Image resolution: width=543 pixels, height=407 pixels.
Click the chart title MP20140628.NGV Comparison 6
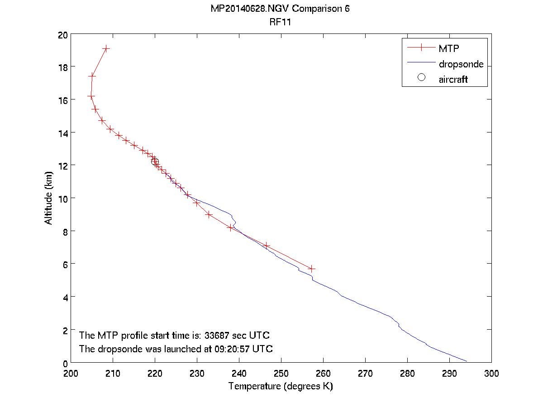click(x=280, y=9)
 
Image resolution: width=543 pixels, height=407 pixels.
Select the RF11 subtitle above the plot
click(x=280, y=22)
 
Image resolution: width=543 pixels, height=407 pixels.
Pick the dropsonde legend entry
click(x=461, y=64)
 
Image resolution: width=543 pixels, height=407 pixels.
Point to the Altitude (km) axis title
click(x=48, y=198)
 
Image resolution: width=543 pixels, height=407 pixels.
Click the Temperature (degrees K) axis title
click(x=281, y=386)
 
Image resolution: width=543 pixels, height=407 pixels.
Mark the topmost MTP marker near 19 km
click(x=106, y=48)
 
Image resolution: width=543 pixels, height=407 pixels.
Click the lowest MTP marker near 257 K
click(x=311, y=269)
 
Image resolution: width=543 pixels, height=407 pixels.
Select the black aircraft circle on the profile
click(x=155, y=161)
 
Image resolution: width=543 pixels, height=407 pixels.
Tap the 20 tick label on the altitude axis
click(x=62, y=35)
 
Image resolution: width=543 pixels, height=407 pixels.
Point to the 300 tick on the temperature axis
click(x=491, y=374)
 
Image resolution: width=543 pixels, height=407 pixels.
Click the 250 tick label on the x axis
click(x=281, y=374)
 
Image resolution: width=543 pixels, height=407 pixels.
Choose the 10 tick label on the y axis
click(x=62, y=199)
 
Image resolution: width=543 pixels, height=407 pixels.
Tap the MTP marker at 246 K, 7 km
click(x=267, y=246)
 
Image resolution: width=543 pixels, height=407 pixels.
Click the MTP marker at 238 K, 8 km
click(x=231, y=228)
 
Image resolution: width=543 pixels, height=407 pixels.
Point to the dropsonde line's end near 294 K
click(x=467, y=361)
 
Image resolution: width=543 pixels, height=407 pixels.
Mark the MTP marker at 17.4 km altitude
click(x=92, y=76)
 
